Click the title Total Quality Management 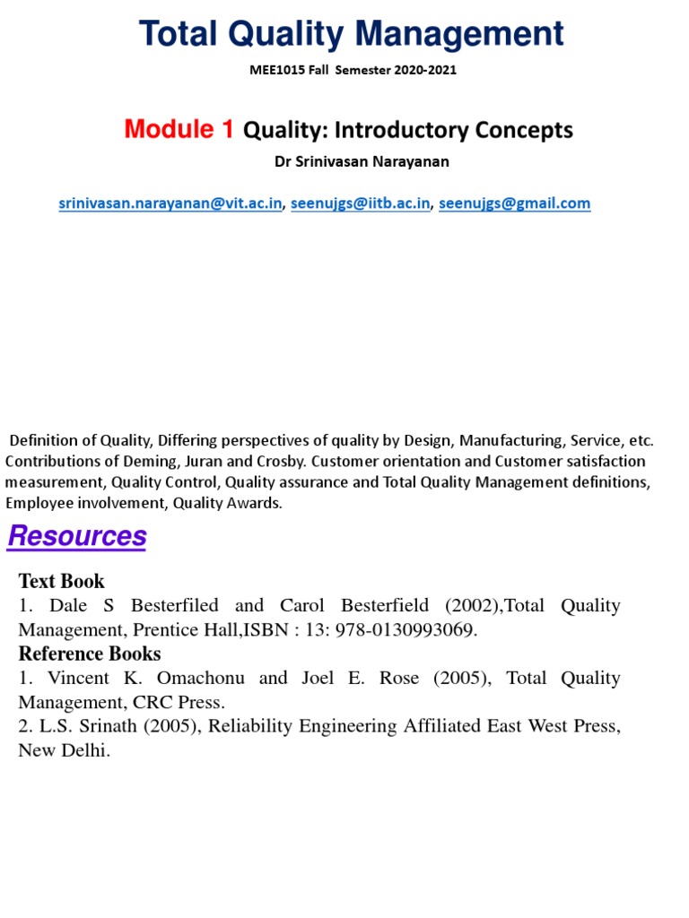[x=351, y=35]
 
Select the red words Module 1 [x=179, y=130]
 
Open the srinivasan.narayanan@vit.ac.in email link [x=170, y=204]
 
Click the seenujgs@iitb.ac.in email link [x=360, y=204]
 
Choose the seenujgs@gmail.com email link [x=515, y=204]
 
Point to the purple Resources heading [x=77, y=537]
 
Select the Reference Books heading [x=90, y=654]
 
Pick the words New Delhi [x=64, y=750]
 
